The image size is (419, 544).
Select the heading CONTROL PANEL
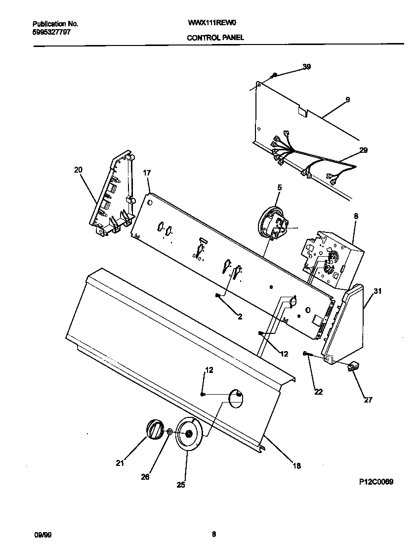coord(215,38)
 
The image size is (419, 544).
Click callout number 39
coord(306,67)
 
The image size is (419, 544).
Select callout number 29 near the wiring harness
coord(363,150)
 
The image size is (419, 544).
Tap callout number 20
coord(78,170)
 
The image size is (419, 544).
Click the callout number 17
coord(147,173)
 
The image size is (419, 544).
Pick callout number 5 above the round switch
coord(279,187)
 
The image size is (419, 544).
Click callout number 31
coord(377,291)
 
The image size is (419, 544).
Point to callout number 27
coord(368,400)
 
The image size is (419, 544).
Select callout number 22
coord(318,392)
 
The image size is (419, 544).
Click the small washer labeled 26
coord(169,432)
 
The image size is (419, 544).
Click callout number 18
coord(296,465)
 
